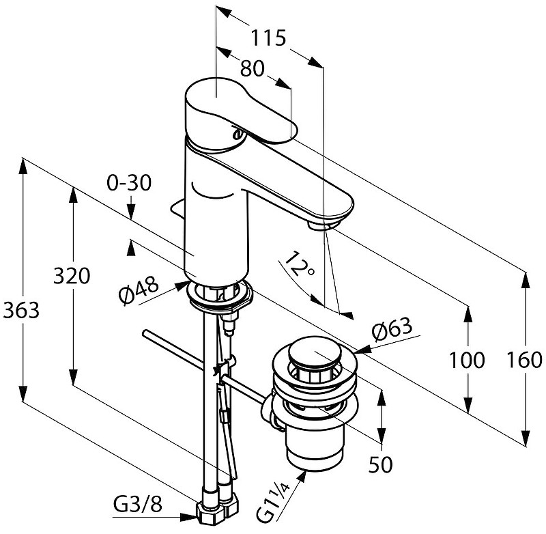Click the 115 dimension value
pyautogui.click(x=266, y=38)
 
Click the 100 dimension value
pyautogui.click(x=468, y=360)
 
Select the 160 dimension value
pyautogui.click(x=526, y=360)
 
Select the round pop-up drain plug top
pyautogui.click(x=313, y=356)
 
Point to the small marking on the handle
pyautogui.click(x=238, y=133)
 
